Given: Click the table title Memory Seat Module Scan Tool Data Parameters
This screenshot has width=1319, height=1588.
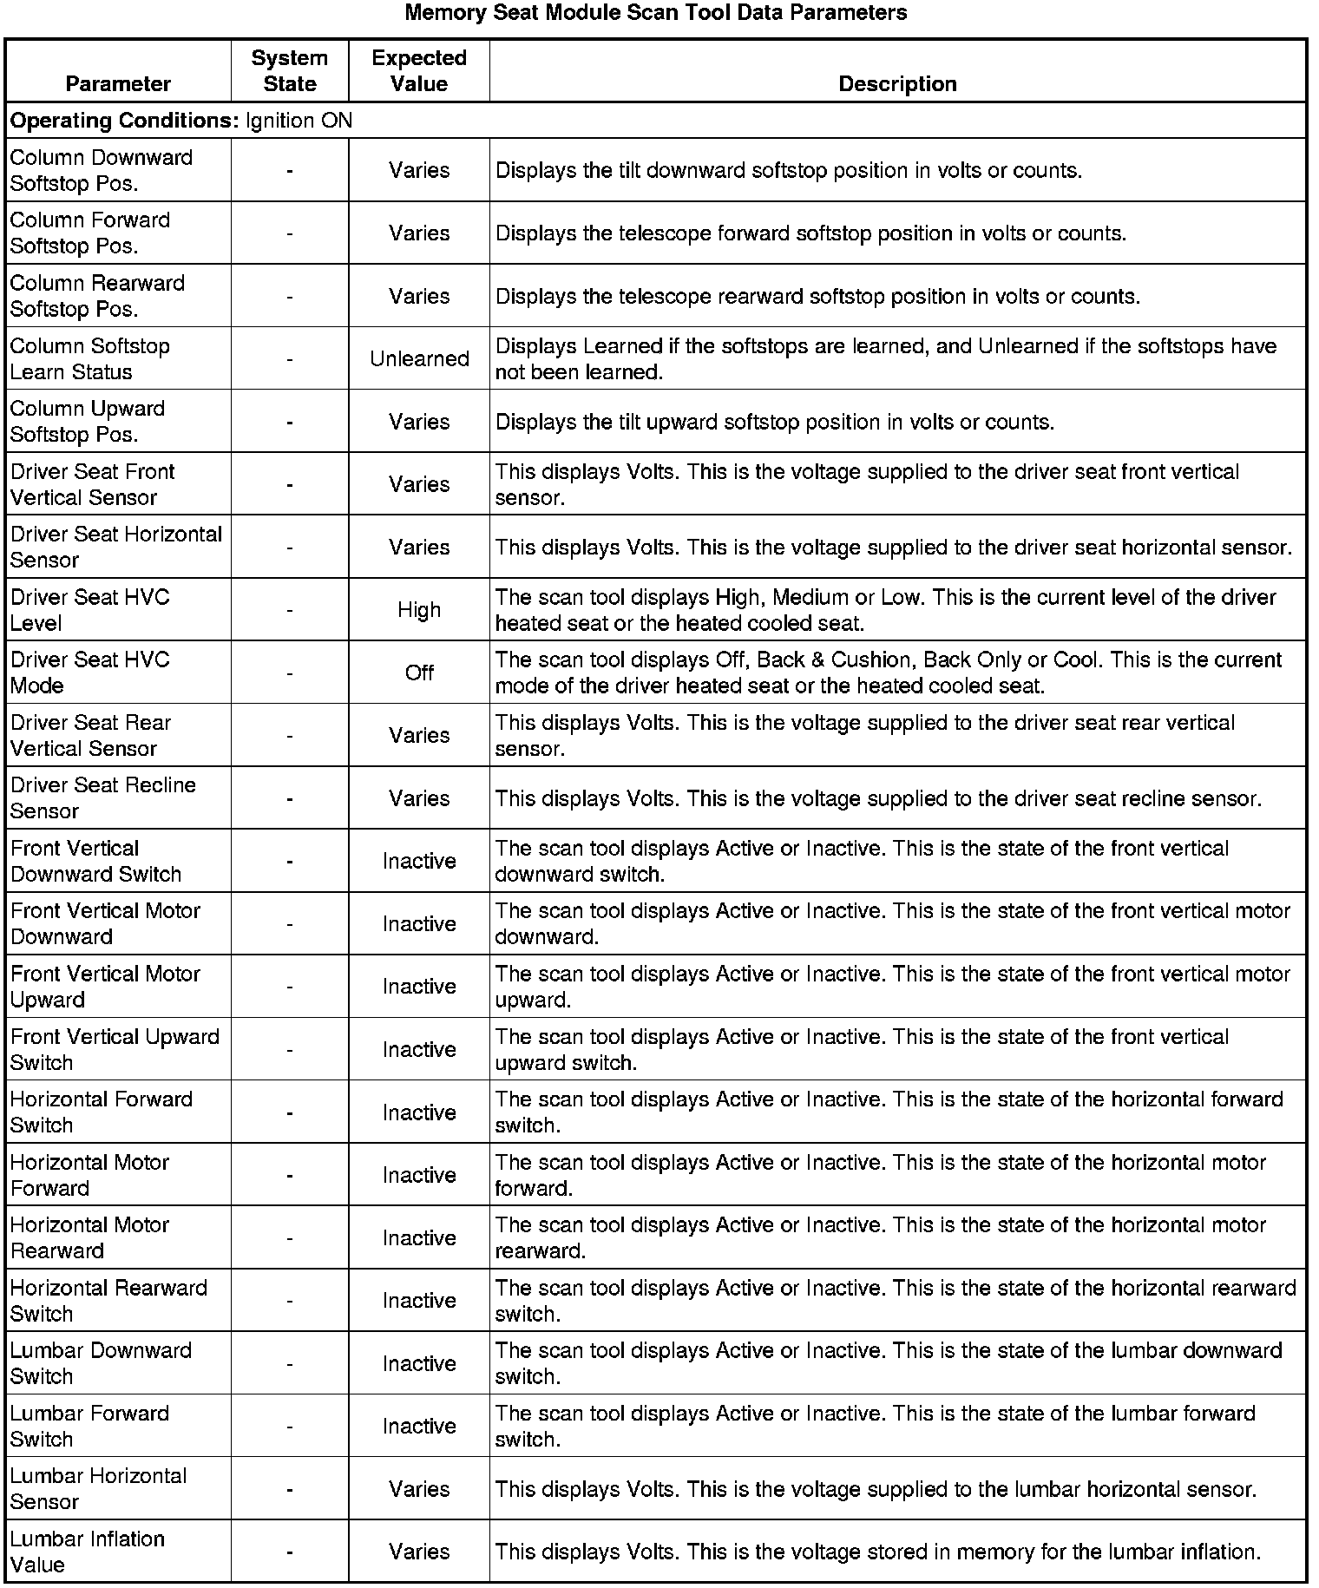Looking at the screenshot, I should [656, 13].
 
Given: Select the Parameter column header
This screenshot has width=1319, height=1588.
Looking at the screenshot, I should [118, 84].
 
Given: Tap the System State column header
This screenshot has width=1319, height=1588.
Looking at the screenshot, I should [290, 71].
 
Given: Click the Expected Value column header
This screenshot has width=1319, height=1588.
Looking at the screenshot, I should [419, 71].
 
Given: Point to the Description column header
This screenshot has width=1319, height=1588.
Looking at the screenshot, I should [897, 84].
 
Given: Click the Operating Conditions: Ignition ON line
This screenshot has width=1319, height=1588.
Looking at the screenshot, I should [181, 121].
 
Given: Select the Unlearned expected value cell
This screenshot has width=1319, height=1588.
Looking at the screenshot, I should [419, 359].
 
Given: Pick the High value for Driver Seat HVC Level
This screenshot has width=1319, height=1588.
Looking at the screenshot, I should [419, 610].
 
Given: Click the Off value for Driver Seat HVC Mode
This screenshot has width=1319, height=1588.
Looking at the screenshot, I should [419, 673].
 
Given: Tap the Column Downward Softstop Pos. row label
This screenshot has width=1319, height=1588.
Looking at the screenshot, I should [102, 171].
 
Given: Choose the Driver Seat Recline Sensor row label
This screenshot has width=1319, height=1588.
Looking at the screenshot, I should [103, 798].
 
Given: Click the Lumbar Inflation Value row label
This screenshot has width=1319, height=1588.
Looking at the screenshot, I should [88, 1552].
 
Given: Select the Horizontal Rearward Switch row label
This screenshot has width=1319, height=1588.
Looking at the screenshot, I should [108, 1301].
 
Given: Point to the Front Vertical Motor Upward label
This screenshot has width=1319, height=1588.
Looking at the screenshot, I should [105, 987].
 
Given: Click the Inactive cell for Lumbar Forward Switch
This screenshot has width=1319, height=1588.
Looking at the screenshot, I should [419, 1426].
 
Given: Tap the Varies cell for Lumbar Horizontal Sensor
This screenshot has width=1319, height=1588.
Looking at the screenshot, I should [419, 1489].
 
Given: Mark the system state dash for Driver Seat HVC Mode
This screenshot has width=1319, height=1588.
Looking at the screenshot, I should [290, 673].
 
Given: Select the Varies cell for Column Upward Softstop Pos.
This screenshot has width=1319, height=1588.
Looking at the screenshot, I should [419, 422].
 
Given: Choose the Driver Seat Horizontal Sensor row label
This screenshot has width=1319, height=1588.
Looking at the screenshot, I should [116, 548].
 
